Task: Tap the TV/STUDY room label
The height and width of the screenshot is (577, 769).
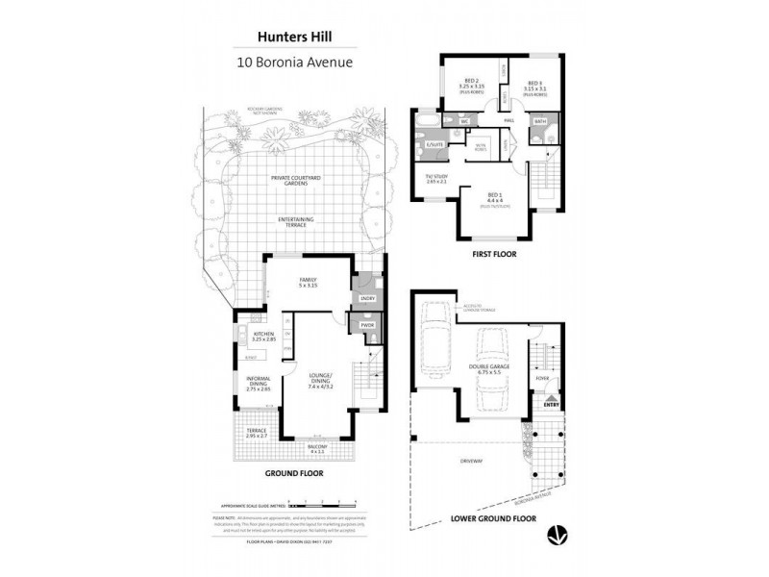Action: [436, 178]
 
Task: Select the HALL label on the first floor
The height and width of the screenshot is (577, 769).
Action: [509, 120]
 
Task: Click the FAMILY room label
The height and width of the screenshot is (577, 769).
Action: [308, 282]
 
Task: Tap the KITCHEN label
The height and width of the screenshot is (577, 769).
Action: [263, 337]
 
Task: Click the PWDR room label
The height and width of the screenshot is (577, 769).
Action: [366, 326]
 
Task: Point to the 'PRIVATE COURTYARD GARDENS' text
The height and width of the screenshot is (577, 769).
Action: [295, 181]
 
